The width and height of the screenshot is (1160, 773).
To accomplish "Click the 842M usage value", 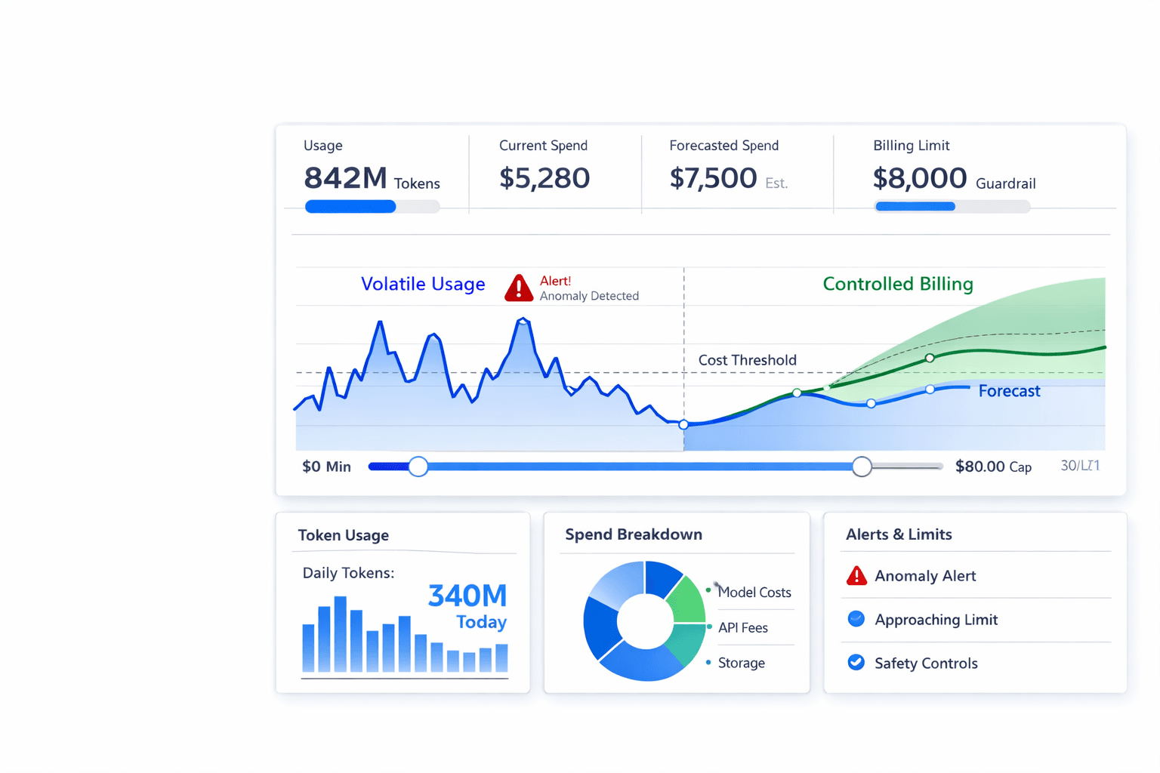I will pos(345,178).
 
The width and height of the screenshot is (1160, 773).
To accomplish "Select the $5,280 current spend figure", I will pos(544,178).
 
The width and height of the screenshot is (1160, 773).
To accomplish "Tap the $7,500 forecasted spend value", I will pos(712,178).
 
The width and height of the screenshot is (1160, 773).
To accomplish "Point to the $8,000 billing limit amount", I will pos(919,178).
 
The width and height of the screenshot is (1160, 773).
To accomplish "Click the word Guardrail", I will pos(1005,183).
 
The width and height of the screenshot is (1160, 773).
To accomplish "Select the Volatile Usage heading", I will pos(422,284).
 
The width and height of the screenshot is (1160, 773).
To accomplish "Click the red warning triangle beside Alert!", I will pos(519,288).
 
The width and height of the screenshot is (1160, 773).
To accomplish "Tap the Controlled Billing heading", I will pos(897,284).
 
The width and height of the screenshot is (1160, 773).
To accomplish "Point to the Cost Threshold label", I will pos(747,360).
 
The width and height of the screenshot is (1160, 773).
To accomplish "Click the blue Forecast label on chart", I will pos(1009,391).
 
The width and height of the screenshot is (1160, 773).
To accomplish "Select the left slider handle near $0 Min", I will pos(418,467).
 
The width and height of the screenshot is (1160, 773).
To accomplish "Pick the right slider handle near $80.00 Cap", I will pos(862,467).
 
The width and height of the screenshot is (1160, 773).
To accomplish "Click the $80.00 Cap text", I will pos(992,467).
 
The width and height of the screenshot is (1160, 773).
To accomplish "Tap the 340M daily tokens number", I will pos(467,596).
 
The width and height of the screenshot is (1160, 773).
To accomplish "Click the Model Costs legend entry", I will pos(754,593).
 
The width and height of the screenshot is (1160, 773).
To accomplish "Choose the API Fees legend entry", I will pos(742,627).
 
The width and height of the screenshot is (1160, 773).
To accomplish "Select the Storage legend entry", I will pos(741,663).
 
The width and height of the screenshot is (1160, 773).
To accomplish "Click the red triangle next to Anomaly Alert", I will pos(856,577).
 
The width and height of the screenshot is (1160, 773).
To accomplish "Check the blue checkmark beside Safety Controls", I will pos(856,663).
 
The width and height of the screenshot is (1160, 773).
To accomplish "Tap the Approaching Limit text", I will pos(936,620).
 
